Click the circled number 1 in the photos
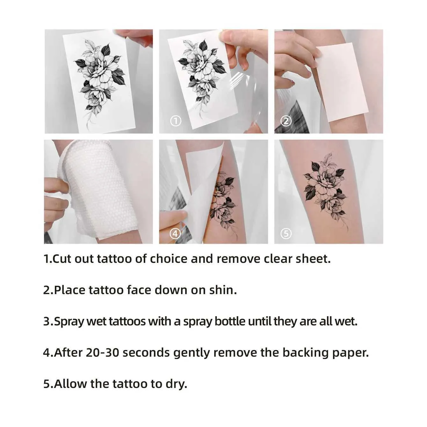176,121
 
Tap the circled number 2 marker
286,121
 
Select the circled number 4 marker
175,234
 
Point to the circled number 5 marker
286,234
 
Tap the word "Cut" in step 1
62,259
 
